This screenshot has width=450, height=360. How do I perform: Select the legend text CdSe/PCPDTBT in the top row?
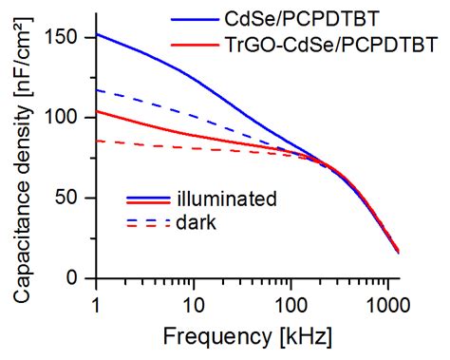(297, 18)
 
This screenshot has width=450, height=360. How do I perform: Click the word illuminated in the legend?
(226, 199)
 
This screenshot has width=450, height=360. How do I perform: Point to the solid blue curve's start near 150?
(97, 34)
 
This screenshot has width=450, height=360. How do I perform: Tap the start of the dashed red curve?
(97, 141)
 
